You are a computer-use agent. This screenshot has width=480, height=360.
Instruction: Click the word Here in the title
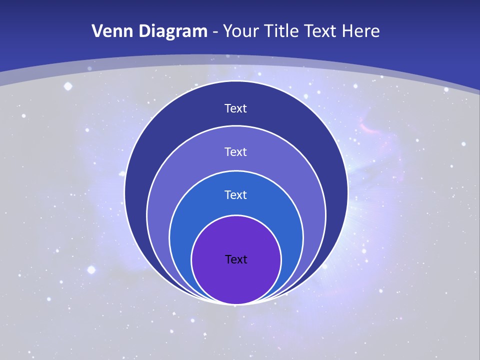(x=360, y=31)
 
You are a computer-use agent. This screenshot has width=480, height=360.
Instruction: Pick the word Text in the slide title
(x=321, y=31)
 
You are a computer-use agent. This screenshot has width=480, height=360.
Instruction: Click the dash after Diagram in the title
(x=215, y=32)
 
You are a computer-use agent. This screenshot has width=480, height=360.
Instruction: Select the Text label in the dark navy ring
(x=236, y=108)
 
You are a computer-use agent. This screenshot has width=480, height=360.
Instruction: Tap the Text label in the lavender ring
(x=236, y=152)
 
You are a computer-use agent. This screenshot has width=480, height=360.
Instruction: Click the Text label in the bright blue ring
(x=236, y=195)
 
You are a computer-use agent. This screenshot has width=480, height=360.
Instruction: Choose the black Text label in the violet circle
(x=236, y=259)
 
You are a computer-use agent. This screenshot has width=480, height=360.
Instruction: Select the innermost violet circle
(x=236, y=280)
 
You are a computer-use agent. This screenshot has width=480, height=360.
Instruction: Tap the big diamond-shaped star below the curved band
(x=68, y=86)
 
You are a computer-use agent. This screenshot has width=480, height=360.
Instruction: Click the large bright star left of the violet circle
(x=91, y=270)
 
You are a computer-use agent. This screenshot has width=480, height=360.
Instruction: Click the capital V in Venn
(x=98, y=31)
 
